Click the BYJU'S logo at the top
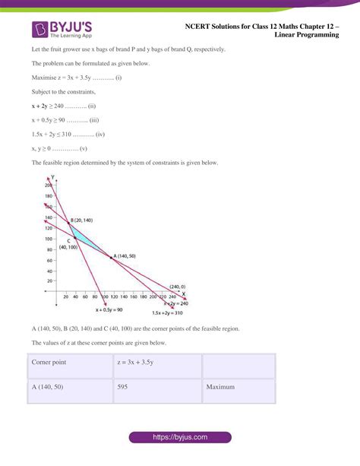click(x=63, y=30)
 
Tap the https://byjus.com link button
click(x=179, y=438)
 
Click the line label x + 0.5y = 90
click(x=113, y=310)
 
